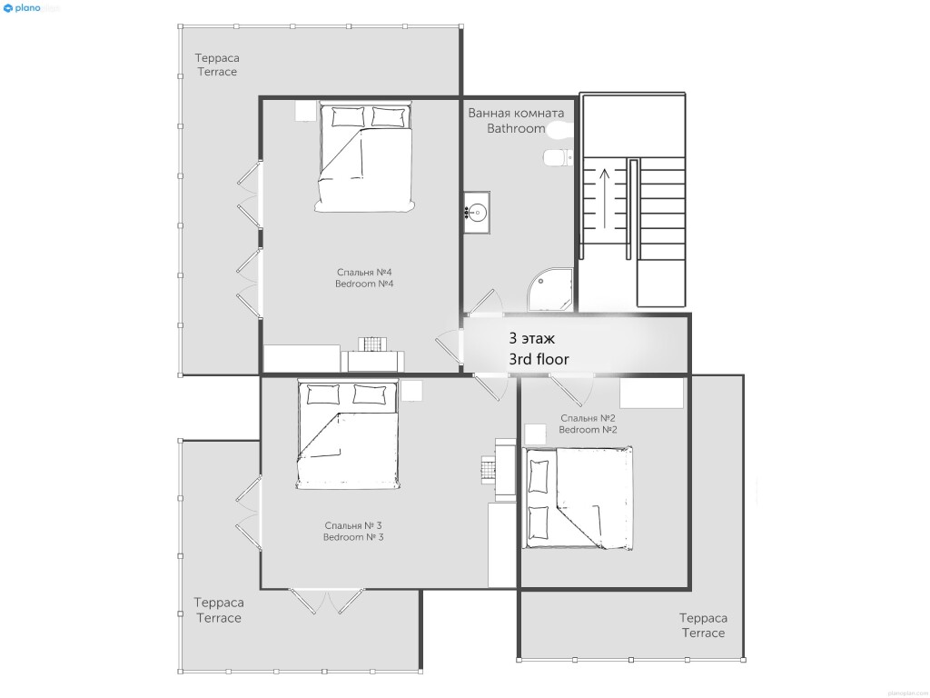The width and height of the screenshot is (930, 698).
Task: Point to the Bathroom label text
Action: tap(516, 128)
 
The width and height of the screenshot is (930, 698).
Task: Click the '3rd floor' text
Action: tap(539, 359)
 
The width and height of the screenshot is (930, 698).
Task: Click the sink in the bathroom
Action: tap(477, 212)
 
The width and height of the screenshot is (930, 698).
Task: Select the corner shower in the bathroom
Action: tap(550, 290)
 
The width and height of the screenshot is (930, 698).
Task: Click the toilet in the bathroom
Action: tap(557, 157)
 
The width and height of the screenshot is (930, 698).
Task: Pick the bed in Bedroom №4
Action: tap(364, 157)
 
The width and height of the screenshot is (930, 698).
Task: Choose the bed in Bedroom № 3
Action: tap(348, 435)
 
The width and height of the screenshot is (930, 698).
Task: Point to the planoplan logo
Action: tap(32, 8)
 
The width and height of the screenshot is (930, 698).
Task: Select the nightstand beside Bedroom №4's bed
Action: tap(305, 111)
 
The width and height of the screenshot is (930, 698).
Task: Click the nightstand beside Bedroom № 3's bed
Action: tap(411, 391)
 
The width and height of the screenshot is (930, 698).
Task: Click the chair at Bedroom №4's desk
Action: tap(372, 344)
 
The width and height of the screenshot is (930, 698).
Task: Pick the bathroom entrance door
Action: tap(481, 303)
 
